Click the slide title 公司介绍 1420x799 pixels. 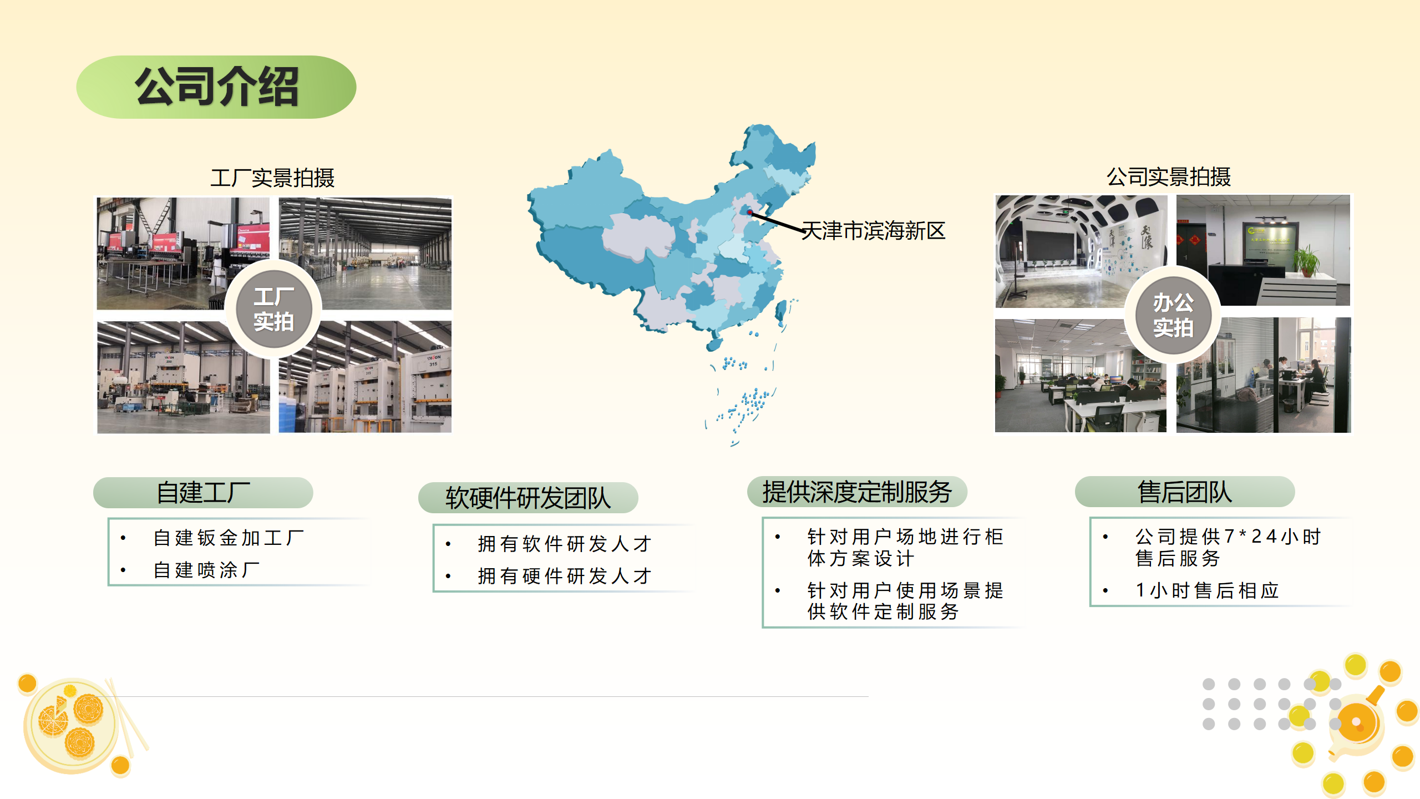(216, 87)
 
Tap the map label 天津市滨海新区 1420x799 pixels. (874, 231)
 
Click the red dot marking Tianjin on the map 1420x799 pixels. (749, 212)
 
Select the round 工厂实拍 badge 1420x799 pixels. (273, 309)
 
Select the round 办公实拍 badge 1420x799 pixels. (1173, 315)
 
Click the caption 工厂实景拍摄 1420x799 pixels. (272, 178)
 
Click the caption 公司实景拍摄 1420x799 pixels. (1169, 177)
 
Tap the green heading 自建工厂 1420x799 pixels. (203, 493)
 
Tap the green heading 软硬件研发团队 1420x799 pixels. (528, 498)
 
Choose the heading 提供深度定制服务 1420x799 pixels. (857, 492)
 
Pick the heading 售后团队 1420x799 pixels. (1185, 492)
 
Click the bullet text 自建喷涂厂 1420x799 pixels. (206, 570)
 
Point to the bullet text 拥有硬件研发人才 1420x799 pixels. (565, 576)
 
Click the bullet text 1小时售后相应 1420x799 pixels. (1207, 590)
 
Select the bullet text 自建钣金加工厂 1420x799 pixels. (229, 538)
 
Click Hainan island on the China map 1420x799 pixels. (714, 344)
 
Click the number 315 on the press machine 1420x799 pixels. (433, 364)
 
